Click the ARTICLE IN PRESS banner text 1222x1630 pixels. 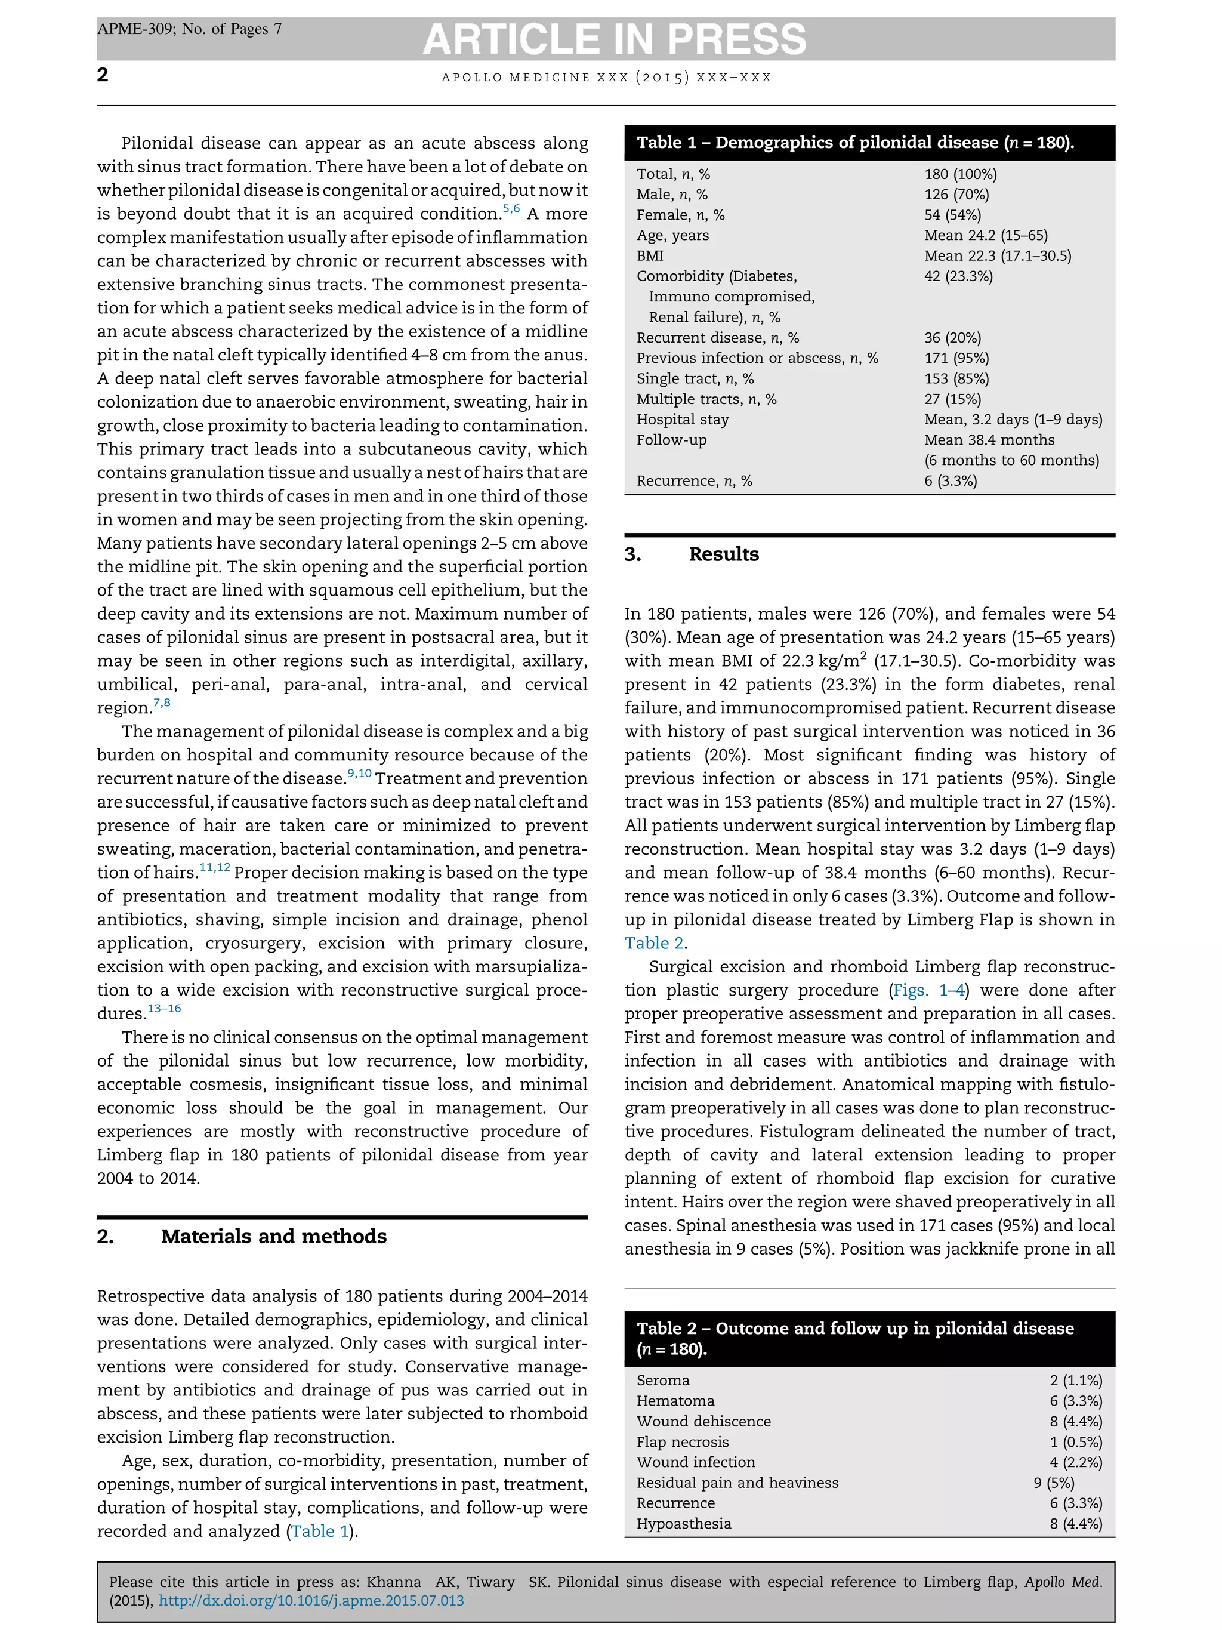click(615, 39)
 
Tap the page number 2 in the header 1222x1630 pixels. click(103, 75)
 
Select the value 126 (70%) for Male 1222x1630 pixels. click(956, 195)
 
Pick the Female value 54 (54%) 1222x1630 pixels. click(952, 215)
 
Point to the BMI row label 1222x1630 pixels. click(650, 255)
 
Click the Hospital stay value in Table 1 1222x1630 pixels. click(1013, 420)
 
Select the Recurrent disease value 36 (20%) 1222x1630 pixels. click(952, 337)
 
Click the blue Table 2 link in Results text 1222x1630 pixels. click(654, 943)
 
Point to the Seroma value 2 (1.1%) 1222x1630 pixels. click(1075, 1380)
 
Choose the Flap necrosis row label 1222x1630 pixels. click(682, 1441)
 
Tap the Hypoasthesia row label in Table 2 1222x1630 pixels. click(684, 1524)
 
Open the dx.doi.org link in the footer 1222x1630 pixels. click(311, 1601)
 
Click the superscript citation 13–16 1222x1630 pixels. click(164, 1008)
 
